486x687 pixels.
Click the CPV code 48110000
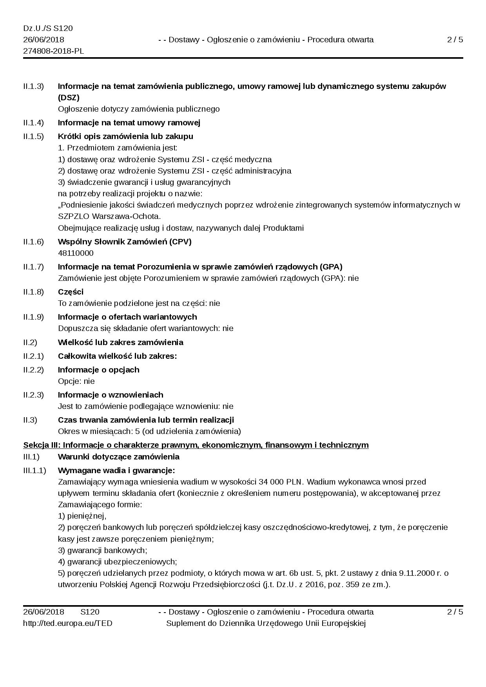click(76, 253)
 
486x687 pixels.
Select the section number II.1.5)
click(33, 136)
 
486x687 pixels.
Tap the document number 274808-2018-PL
click(53, 51)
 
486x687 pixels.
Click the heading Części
click(71, 292)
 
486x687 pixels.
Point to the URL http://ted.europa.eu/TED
click(67, 623)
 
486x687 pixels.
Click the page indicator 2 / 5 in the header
click(455, 40)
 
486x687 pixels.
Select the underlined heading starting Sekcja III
click(196, 445)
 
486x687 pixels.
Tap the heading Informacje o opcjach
click(98, 370)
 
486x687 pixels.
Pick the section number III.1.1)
click(34, 470)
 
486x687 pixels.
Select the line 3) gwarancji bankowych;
click(102, 550)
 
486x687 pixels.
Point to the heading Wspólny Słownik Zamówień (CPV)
click(125, 242)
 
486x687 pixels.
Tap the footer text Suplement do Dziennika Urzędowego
click(266, 623)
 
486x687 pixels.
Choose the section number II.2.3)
click(33, 395)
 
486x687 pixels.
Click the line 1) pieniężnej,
click(82, 516)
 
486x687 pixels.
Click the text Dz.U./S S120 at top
click(48, 29)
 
